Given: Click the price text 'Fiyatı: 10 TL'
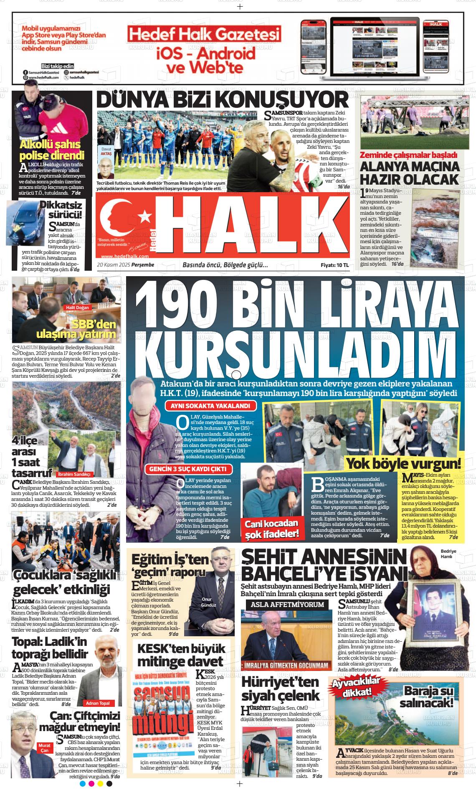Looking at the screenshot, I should tap(334, 265).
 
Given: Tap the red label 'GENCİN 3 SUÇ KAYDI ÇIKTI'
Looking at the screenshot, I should tap(188, 469).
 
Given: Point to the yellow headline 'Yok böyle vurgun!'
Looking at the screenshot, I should tap(403, 463).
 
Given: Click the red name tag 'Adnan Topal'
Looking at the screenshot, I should tap(98, 703).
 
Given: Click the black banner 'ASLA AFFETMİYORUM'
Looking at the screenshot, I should tap(288, 605).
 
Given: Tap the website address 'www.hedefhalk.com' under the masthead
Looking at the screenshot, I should tap(125, 257).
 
